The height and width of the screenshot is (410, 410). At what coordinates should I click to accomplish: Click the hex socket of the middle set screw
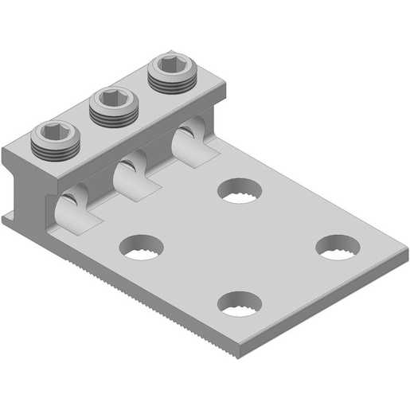(x=111, y=99)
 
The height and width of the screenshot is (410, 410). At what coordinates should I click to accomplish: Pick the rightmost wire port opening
(x=188, y=137)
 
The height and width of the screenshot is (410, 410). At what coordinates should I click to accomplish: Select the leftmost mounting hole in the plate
(x=141, y=248)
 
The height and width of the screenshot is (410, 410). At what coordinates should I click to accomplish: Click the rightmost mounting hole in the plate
(x=338, y=247)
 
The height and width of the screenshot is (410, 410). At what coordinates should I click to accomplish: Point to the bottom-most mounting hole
(x=240, y=303)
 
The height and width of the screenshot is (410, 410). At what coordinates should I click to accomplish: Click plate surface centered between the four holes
(x=239, y=247)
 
